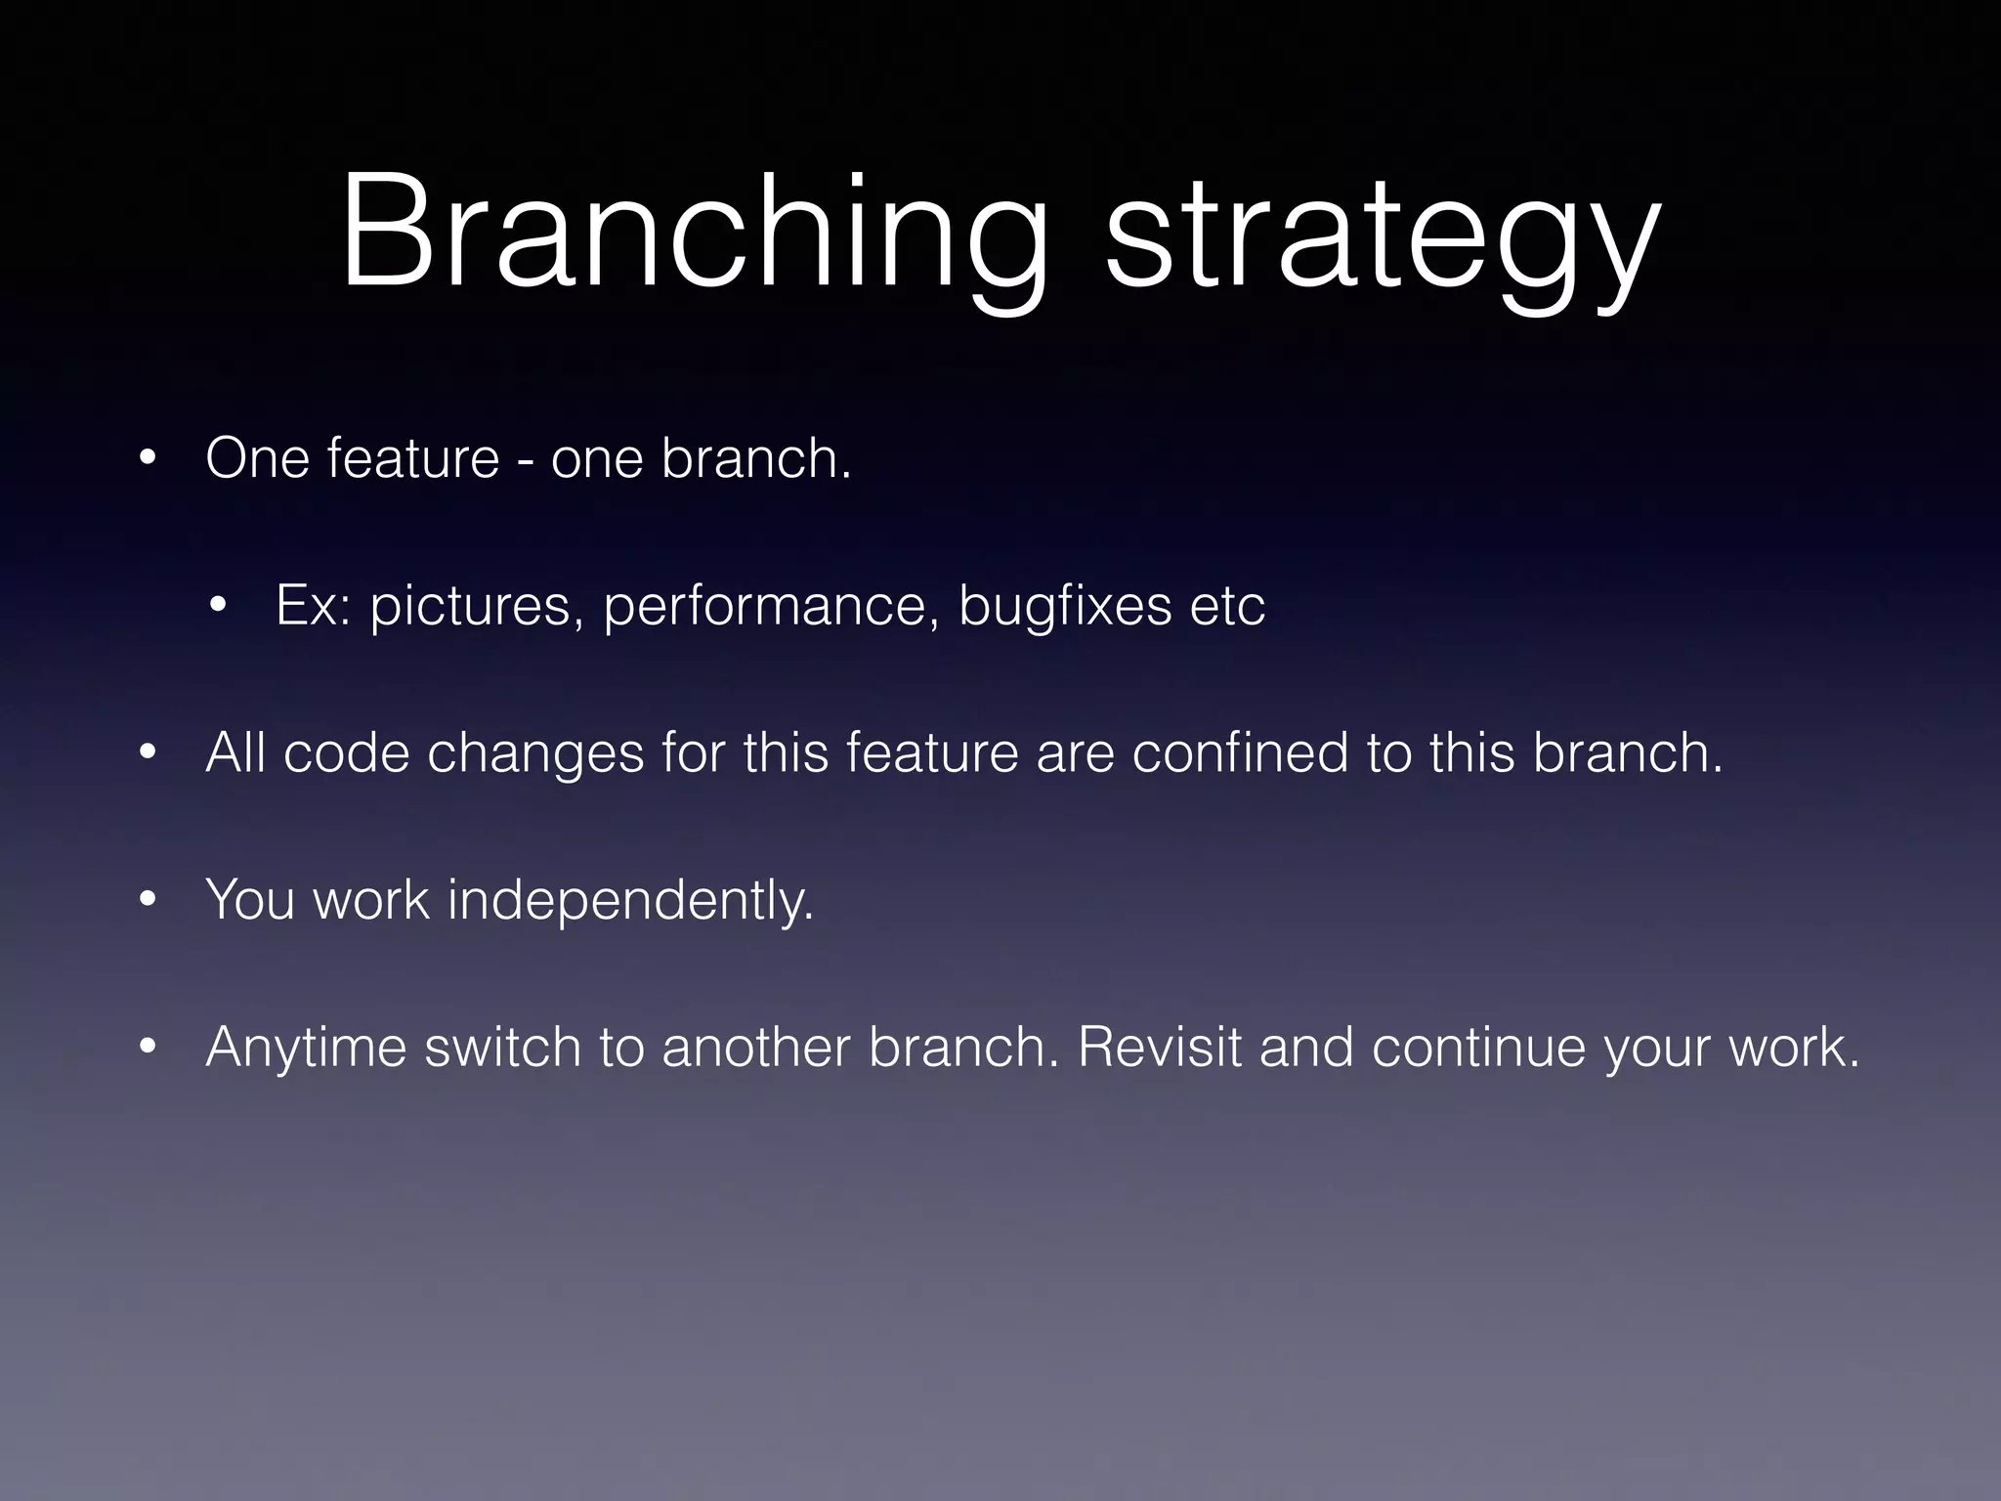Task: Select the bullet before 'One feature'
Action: tap(147, 458)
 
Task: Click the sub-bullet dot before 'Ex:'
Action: tap(217, 605)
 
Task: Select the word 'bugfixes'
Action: tap(1064, 606)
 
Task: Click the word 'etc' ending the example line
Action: tap(1227, 606)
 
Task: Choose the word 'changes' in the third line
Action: tap(535, 754)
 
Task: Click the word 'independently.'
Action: tap(630, 901)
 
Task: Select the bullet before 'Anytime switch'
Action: tap(147, 1047)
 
